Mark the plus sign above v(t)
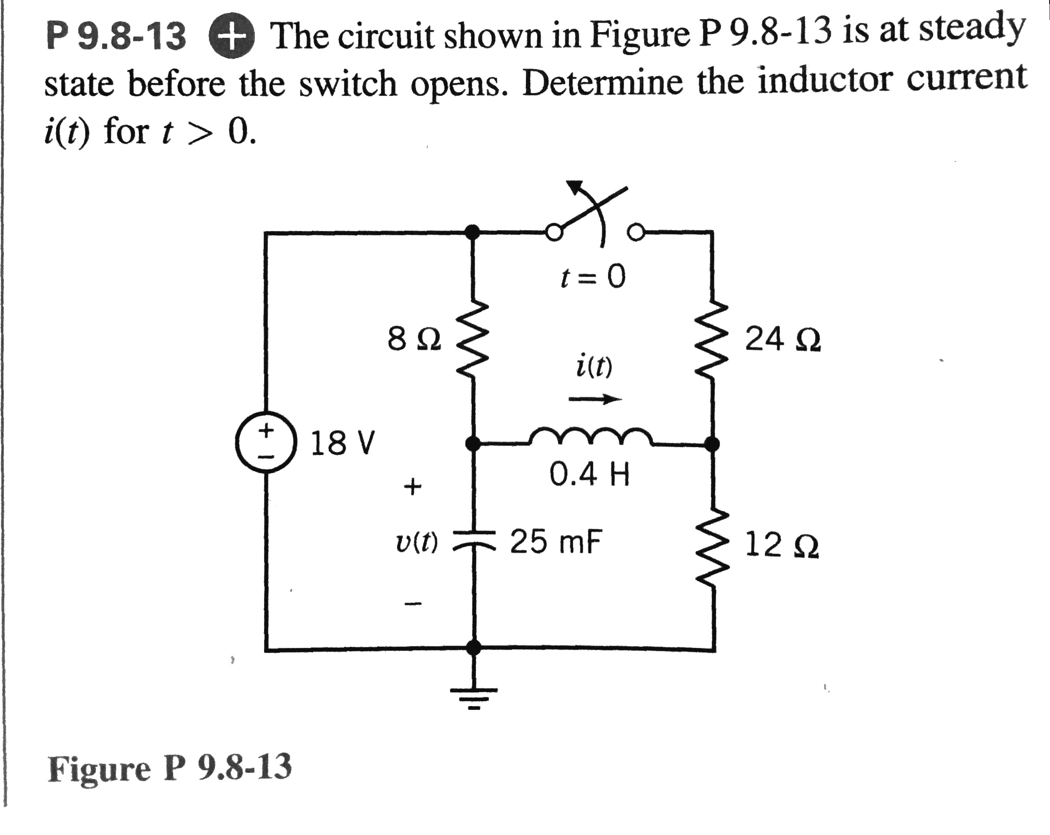413,486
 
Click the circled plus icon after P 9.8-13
232,36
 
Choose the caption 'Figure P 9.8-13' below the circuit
169,768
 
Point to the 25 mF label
556,542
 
